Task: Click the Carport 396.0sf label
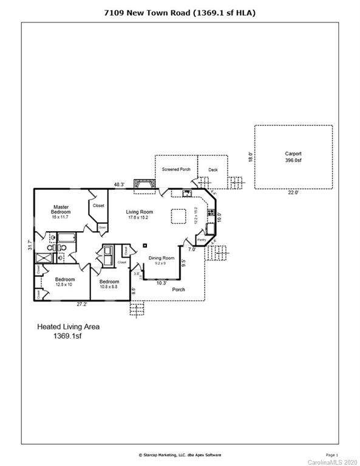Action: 293,157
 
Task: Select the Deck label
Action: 213,169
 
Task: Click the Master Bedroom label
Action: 61,209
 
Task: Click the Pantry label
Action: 201,240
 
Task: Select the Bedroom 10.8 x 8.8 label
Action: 109,284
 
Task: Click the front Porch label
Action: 178,289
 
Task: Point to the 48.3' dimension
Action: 119,184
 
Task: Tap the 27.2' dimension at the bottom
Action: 83,303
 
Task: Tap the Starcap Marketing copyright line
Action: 180,454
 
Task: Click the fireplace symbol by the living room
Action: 143,184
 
